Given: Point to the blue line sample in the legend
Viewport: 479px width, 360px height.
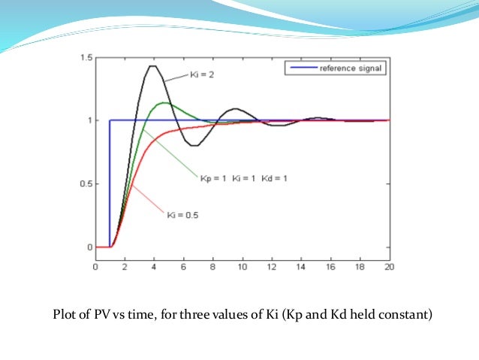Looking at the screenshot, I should (x=301, y=68).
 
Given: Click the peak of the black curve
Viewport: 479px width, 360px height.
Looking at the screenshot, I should (x=153, y=66).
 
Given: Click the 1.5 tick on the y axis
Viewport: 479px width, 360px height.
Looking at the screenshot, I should (x=87, y=58).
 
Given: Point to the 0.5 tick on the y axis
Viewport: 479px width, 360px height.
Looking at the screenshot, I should (x=87, y=183).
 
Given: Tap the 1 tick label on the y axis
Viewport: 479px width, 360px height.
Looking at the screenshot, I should (x=90, y=120).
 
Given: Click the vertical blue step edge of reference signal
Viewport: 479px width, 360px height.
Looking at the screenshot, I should (x=110, y=184).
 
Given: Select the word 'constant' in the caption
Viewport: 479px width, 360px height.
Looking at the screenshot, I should (x=406, y=315).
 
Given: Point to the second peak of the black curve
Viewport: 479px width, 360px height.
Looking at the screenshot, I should (x=235, y=109).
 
